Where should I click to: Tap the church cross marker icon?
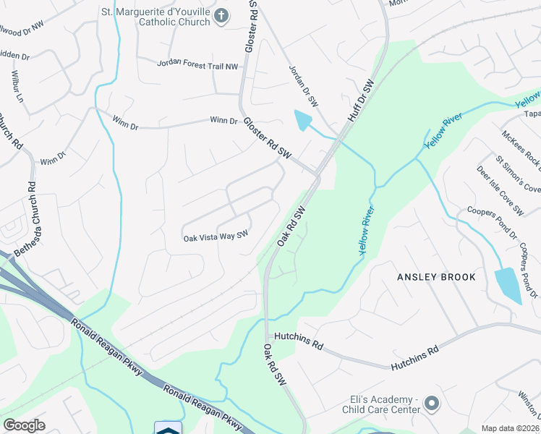tap(223, 15)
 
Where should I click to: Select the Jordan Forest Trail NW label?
tap(197, 65)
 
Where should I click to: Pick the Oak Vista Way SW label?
tap(216, 236)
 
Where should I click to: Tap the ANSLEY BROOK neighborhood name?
tap(436, 277)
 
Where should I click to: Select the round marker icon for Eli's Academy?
tap(433, 403)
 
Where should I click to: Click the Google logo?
tap(24, 425)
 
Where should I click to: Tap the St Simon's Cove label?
tap(517, 174)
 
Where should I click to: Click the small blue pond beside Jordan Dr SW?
tap(304, 119)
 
